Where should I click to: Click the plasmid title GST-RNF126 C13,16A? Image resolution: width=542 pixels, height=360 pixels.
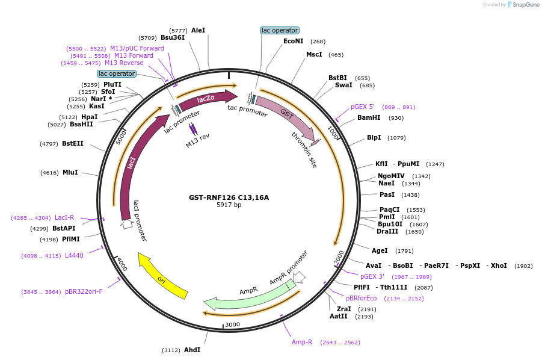(229, 197)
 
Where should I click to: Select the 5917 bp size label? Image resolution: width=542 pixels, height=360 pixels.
(229, 205)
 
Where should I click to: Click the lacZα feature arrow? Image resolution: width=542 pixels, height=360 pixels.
(206, 98)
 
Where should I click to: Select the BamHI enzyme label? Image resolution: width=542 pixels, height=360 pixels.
(369, 118)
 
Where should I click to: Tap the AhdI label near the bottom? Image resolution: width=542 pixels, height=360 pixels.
(192, 350)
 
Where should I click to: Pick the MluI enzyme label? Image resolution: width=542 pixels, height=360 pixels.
(70, 172)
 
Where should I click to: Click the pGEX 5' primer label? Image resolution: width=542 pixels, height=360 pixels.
(363, 107)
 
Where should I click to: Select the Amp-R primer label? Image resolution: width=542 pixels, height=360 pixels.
(302, 342)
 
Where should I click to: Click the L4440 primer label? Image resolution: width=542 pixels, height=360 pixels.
(74, 255)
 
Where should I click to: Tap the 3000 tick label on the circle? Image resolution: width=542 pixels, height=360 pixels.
(232, 324)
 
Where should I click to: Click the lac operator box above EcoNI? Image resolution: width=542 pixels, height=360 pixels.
(280, 30)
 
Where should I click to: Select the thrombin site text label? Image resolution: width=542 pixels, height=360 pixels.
(304, 150)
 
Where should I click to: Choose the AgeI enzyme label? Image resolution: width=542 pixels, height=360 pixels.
(380, 250)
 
